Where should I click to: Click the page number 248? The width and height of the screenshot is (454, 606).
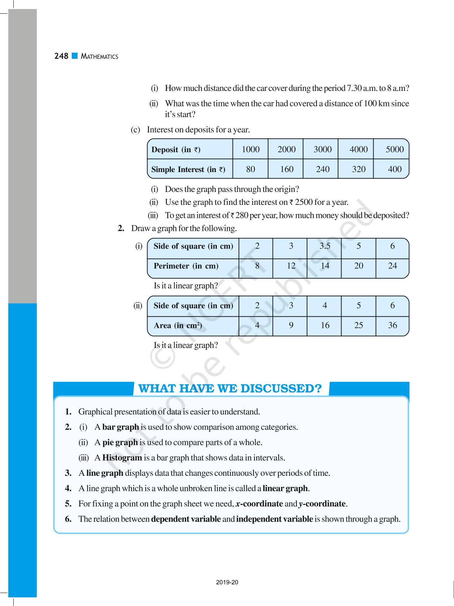pyautogui.click(x=61, y=56)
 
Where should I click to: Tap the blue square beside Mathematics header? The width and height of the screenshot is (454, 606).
pyautogui.click(x=75, y=56)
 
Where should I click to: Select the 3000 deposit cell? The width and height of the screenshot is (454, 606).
pyautogui.click(x=322, y=149)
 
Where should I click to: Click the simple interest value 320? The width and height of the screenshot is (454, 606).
pyautogui.click(x=358, y=169)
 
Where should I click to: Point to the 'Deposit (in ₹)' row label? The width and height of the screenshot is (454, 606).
pyautogui.click(x=176, y=150)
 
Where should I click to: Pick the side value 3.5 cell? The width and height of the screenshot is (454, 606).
pyautogui.click(x=325, y=246)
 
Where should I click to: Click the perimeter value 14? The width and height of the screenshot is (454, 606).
pyautogui.click(x=325, y=266)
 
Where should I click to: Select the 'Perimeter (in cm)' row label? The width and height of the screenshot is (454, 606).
pyautogui.click(x=186, y=266)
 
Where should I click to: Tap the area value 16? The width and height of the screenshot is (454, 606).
pyautogui.click(x=325, y=325)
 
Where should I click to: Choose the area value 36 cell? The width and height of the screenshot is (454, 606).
pyautogui.click(x=392, y=325)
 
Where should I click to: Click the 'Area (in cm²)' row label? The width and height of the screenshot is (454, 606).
pyautogui.click(x=177, y=326)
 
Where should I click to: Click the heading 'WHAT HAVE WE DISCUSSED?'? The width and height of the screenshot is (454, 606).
pyautogui.click(x=230, y=388)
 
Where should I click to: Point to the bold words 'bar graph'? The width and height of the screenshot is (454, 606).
pyautogui.click(x=120, y=427)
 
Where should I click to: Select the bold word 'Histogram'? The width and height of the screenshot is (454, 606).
pyautogui.click(x=122, y=458)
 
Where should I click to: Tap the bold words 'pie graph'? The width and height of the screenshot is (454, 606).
pyautogui.click(x=120, y=442)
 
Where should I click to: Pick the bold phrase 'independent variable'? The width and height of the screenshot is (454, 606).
pyautogui.click(x=274, y=519)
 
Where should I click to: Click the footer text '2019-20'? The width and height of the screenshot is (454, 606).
pyautogui.click(x=227, y=582)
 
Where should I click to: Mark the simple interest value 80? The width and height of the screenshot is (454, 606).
pyautogui.click(x=250, y=169)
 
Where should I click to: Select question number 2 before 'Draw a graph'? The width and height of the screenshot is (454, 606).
pyautogui.click(x=121, y=228)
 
